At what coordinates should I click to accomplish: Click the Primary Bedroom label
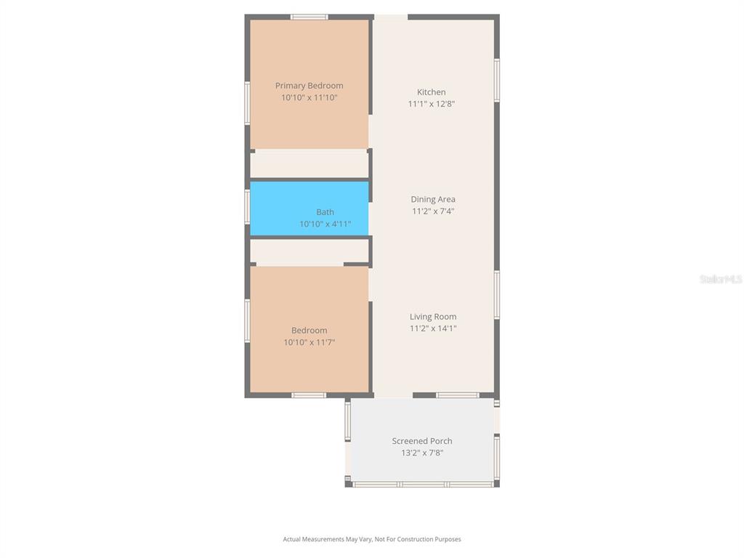pyautogui.click(x=309, y=86)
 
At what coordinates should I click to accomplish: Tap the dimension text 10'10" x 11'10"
pyautogui.click(x=309, y=97)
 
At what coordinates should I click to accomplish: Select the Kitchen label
pyautogui.click(x=431, y=92)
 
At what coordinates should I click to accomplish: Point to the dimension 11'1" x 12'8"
pyautogui.click(x=431, y=104)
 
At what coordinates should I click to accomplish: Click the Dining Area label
pyautogui.click(x=433, y=199)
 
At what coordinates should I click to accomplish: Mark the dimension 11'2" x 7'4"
pyautogui.click(x=433, y=211)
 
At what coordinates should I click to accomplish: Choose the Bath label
pyautogui.click(x=325, y=212)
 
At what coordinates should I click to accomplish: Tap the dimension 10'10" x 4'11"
pyautogui.click(x=325, y=224)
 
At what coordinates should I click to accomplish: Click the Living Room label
pyautogui.click(x=433, y=317)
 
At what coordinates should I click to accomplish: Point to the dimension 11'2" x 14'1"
pyautogui.click(x=433, y=328)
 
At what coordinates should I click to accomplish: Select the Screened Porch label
pyautogui.click(x=422, y=441)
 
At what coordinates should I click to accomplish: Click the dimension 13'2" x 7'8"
pyautogui.click(x=422, y=453)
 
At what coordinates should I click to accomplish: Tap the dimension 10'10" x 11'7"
pyautogui.click(x=309, y=342)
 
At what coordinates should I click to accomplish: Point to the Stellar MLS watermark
pyautogui.click(x=720, y=279)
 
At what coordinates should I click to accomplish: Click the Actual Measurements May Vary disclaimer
pyautogui.click(x=372, y=539)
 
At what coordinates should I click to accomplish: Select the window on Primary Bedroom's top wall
pyautogui.click(x=309, y=17)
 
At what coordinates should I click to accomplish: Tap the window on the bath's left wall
pyautogui.click(x=248, y=207)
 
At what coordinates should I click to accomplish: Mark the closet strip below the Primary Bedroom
pyautogui.click(x=309, y=163)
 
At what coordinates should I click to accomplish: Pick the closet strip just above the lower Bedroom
pyautogui.click(x=309, y=251)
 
